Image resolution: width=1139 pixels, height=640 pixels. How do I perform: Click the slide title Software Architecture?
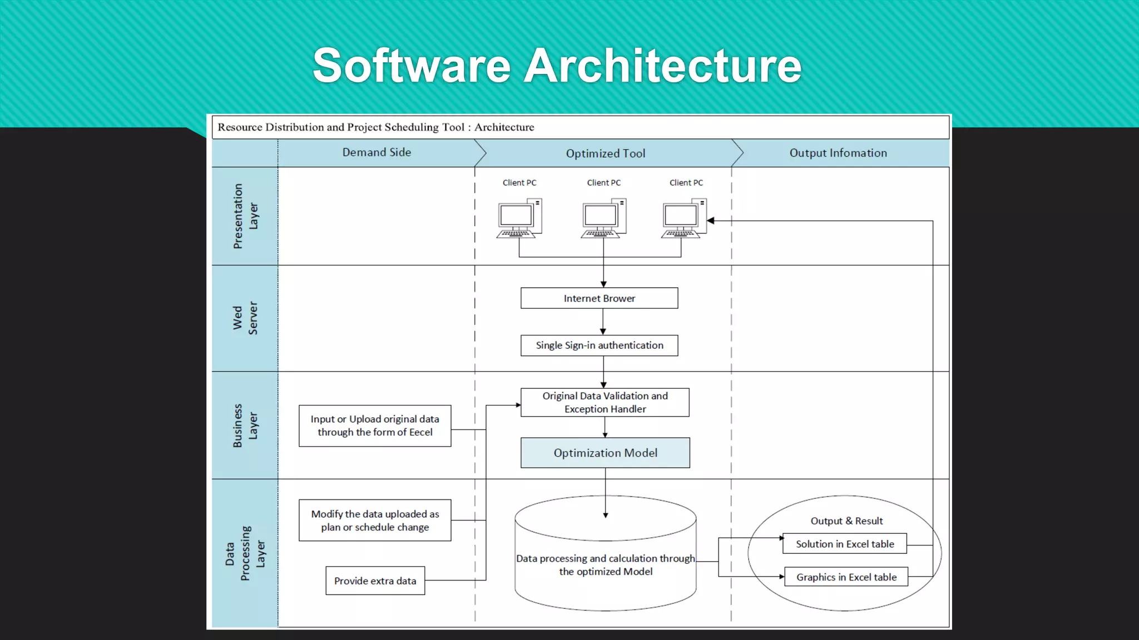click(557, 66)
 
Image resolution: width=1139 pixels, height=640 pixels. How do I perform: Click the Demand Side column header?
click(377, 152)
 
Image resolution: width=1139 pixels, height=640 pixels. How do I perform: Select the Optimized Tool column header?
click(605, 153)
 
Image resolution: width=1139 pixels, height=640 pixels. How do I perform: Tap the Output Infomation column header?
click(838, 153)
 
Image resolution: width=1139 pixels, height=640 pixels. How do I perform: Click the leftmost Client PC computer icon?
click(518, 218)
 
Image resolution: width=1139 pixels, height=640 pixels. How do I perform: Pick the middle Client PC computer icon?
click(603, 218)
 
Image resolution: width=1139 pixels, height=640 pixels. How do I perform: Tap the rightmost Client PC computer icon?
click(684, 218)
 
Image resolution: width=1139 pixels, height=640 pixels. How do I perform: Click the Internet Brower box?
click(599, 298)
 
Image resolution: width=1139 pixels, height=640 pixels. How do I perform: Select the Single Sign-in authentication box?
click(599, 345)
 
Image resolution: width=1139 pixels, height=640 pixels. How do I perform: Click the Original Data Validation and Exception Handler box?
click(605, 402)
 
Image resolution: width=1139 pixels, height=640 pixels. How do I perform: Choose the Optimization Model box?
click(605, 453)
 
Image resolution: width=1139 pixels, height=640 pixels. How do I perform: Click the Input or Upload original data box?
click(374, 426)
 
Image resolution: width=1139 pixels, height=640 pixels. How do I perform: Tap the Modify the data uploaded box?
click(374, 521)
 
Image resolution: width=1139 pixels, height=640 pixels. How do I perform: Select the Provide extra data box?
click(375, 581)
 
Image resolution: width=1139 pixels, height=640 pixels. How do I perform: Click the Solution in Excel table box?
click(844, 544)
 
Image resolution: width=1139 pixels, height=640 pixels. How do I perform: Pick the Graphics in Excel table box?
click(846, 577)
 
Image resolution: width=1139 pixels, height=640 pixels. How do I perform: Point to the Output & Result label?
click(846, 521)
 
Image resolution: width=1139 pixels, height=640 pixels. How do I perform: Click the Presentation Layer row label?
click(245, 216)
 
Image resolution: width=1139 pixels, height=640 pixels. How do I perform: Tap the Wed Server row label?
click(245, 318)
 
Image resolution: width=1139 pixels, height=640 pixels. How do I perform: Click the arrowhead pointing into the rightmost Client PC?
click(711, 221)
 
